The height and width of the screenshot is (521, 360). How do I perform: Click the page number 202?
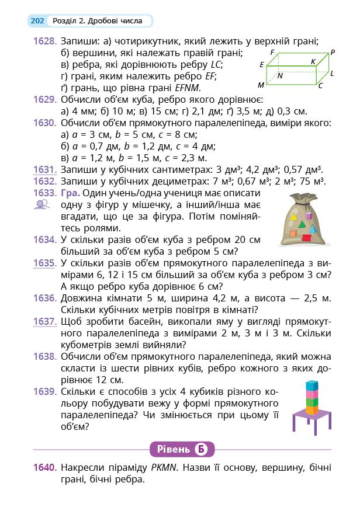click(37, 21)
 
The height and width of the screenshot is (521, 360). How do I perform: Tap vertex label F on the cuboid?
click(272, 52)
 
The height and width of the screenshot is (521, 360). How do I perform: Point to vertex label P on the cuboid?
click(332, 52)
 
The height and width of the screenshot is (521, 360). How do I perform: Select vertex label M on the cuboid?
click(261, 85)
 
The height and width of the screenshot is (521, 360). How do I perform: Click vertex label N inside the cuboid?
click(281, 75)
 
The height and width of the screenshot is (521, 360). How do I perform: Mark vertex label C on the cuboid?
click(320, 85)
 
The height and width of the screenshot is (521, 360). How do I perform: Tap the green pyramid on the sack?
click(302, 225)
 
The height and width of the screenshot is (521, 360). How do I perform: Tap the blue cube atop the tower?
click(313, 385)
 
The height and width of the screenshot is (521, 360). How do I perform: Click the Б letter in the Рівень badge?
click(201, 449)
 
